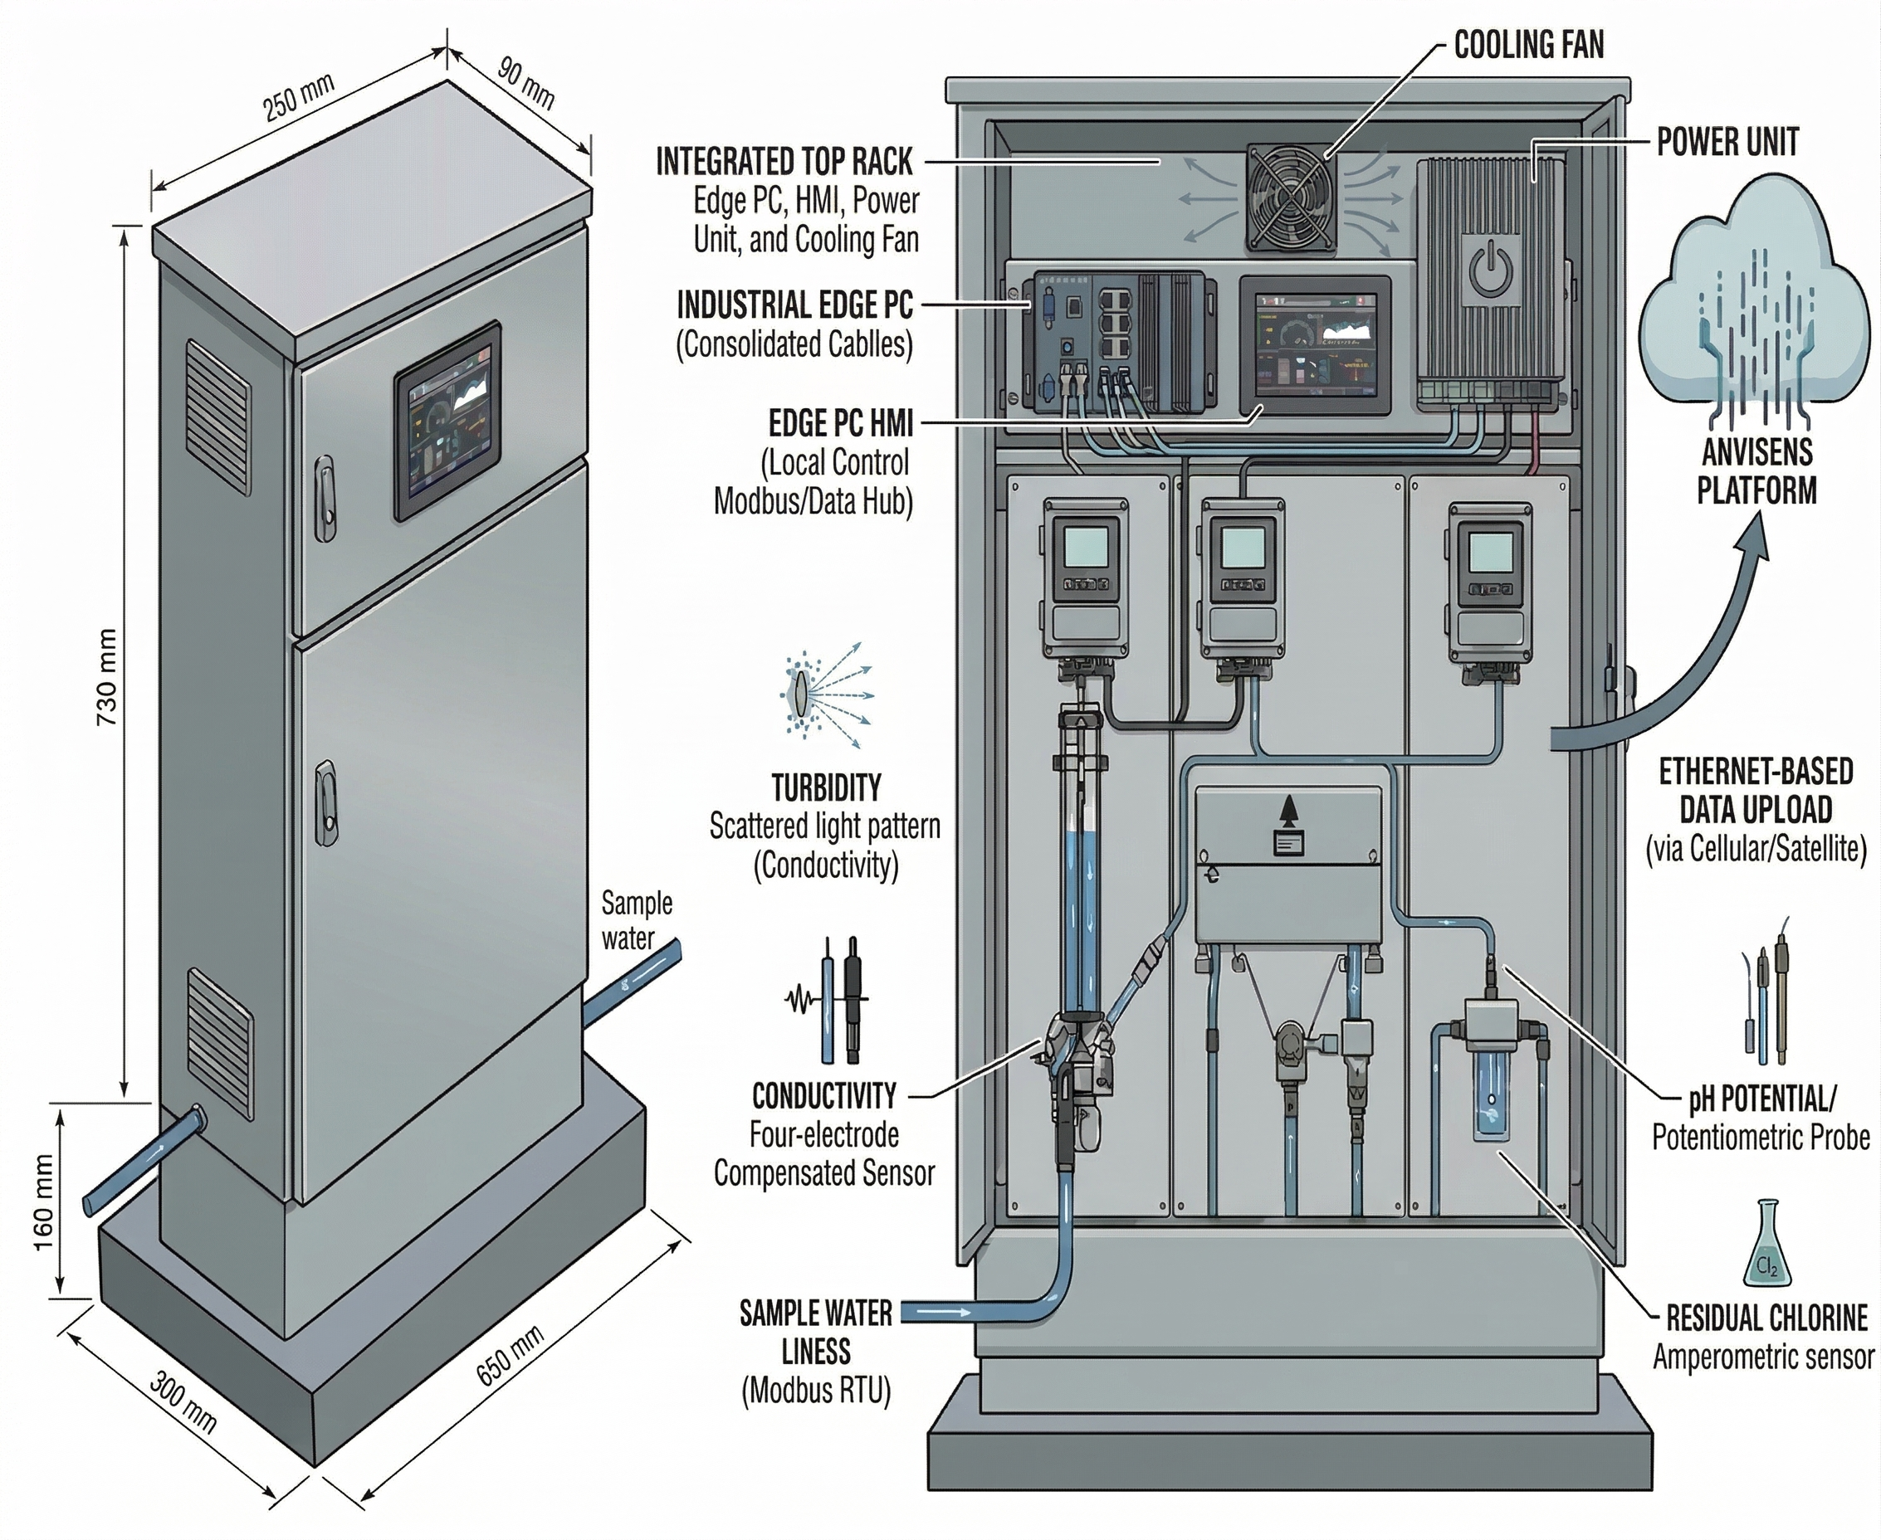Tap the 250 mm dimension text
[x=299, y=98]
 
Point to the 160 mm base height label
[x=44, y=1202]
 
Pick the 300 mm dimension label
[x=183, y=1401]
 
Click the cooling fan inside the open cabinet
[x=1291, y=197]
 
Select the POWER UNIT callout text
[x=1727, y=142]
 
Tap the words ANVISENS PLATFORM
[x=1756, y=472]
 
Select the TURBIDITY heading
[x=826, y=787]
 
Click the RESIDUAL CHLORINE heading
[x=1767, y=1319]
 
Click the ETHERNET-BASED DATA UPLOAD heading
[x=1756, y=791]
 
